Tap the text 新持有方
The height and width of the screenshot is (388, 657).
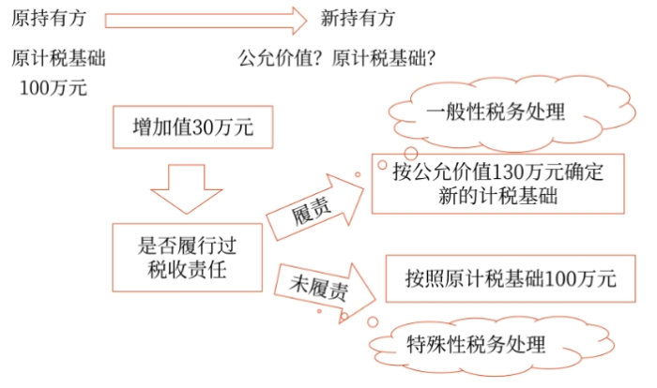tap(358, 19)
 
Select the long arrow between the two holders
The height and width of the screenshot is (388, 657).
tap(206, 19)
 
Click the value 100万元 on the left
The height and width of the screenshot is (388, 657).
tap(53, 89)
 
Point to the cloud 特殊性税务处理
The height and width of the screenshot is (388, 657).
tap(475, 342)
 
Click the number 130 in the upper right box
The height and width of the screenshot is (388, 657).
tap(505, 173)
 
